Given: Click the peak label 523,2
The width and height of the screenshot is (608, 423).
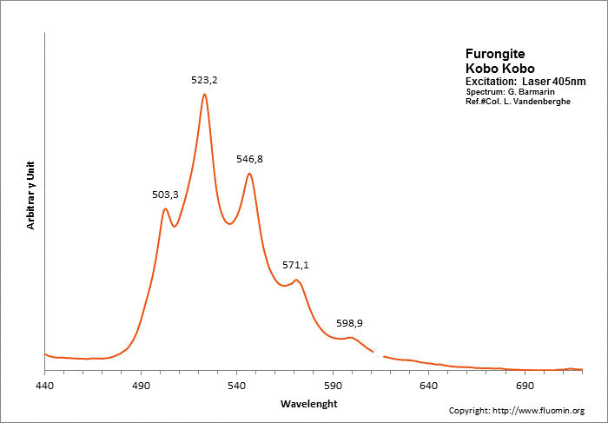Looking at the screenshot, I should [x=204, y=80].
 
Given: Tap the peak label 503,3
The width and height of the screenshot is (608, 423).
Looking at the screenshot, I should [x=165, y=195].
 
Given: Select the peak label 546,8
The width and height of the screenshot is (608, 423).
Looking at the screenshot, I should [x=250, y=160].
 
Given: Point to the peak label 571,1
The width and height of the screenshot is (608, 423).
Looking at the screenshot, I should [x=295, y=265].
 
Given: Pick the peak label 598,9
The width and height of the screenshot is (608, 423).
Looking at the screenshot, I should [x=350, y=323].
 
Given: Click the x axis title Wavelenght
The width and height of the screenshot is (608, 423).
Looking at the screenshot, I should [x=308, y=404].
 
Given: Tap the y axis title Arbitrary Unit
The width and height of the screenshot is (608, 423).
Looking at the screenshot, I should [x=31, y=194].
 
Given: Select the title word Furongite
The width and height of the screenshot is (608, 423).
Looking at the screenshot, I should [x=495, y=54].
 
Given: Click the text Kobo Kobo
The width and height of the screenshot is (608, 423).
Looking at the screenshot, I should [x=499, y=68].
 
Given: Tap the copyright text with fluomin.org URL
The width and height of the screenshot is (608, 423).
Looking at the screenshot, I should [x=516, y=410].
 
